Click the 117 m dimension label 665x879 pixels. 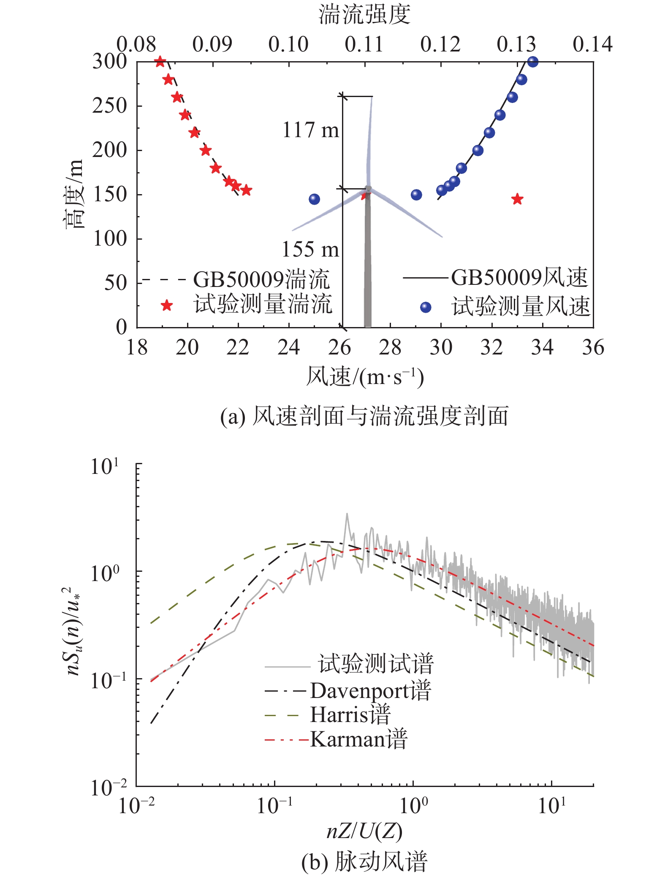310,130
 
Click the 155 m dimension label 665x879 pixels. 310,249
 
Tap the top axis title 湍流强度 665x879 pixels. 364,14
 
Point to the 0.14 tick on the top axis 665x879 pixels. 592,44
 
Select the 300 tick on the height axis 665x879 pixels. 110,62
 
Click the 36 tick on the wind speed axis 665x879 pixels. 593,348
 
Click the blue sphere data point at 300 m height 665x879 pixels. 533,62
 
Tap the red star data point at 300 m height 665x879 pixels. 160,62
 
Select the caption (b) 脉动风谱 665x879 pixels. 364,862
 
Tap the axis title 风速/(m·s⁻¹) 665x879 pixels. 364,377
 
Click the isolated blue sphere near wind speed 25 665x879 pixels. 314,199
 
